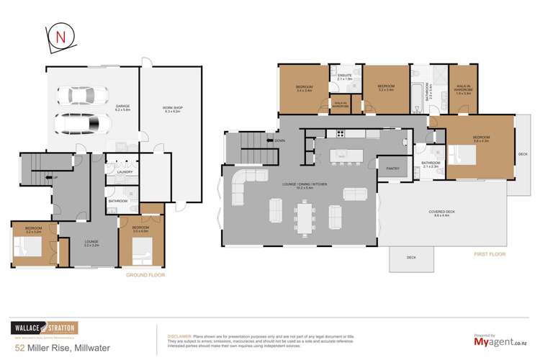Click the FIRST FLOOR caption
[490, 253]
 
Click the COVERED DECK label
[439, 213]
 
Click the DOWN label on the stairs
[279, 140]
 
